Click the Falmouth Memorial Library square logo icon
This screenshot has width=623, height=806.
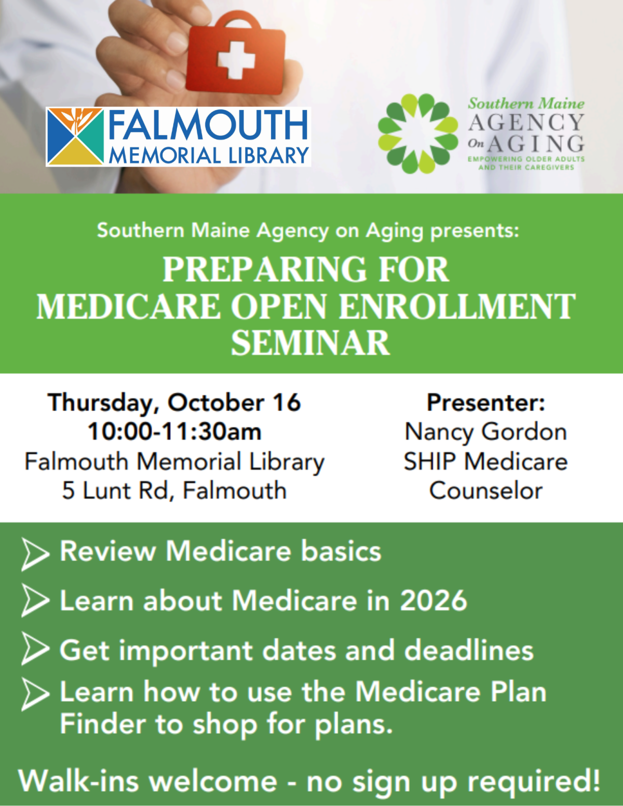[75, 136]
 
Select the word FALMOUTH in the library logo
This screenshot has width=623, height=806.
[208, 126]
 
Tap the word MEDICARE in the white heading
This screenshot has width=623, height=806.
[129, 306]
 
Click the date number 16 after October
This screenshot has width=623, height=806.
[287, 403]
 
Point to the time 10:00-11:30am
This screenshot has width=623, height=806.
[174, 432]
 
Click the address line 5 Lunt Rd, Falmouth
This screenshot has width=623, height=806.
[174, 490]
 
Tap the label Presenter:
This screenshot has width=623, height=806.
[486, 403]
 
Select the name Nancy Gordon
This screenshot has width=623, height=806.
[486, 432]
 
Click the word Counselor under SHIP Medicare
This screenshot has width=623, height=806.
[486, 490]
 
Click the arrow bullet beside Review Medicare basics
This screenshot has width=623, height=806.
[34, 554]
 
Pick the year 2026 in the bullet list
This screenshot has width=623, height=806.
[434, 600]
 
